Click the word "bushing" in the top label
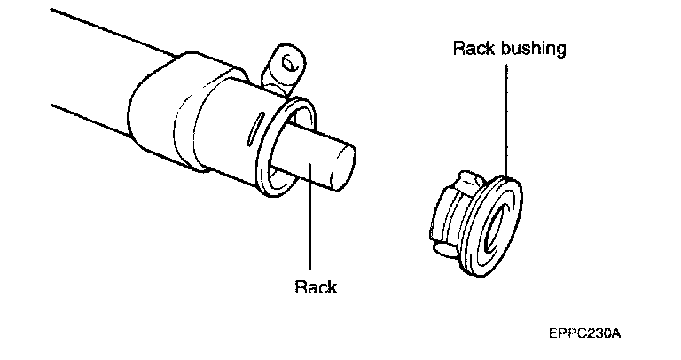tap(534, 49)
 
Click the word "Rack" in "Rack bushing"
tap(473, 49)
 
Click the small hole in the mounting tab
tap(287, 64)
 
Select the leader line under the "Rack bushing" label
tap(507, 115)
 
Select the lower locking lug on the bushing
tap(441, 251)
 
